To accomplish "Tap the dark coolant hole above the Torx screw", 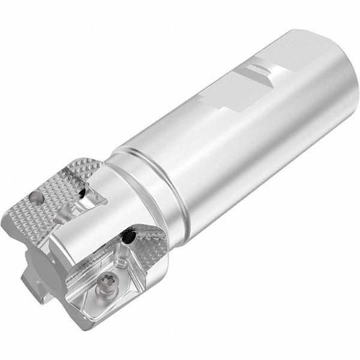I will tap(128, 239).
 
